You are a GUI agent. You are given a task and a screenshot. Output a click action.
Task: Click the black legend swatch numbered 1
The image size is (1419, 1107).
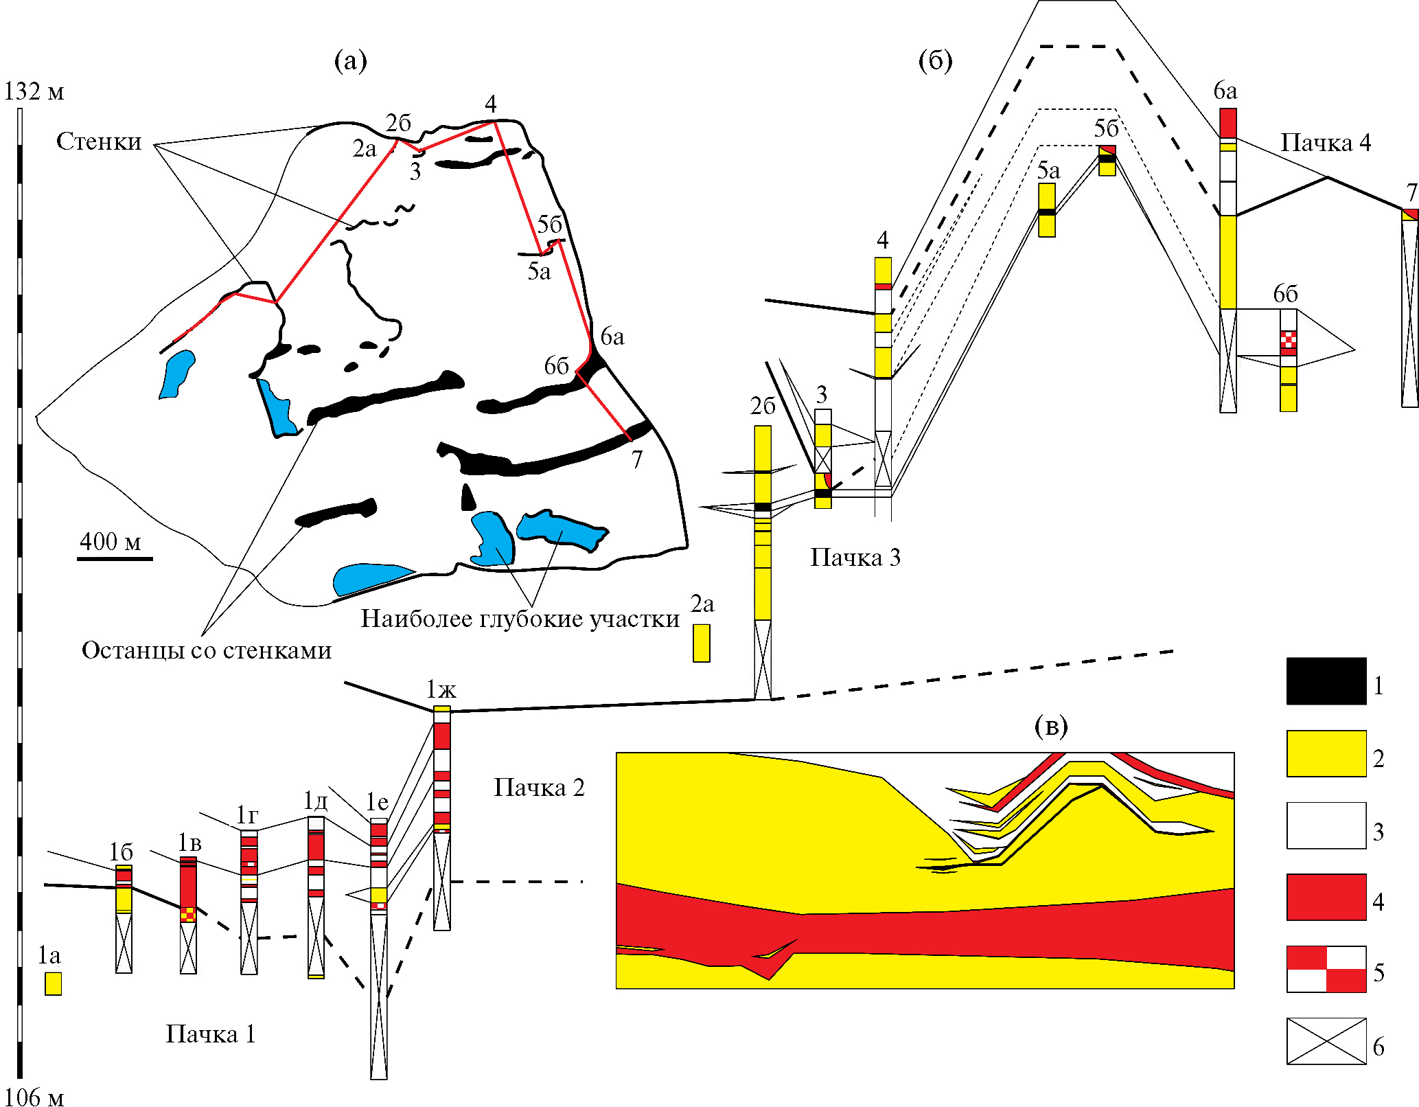[x=1326, y=681]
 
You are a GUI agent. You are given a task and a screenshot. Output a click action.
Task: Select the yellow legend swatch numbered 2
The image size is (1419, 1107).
[x=1326, y=753]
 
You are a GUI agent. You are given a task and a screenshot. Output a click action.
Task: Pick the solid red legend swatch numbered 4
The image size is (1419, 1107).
[x=1326, y=897]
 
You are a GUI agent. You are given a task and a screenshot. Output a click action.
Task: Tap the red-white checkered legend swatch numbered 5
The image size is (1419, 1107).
[x=1326, y=969]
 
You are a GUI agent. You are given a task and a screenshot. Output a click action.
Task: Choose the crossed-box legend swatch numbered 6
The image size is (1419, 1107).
[x=1326, y=1041]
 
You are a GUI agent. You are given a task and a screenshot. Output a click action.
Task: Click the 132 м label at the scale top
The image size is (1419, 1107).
[x=34, y=91]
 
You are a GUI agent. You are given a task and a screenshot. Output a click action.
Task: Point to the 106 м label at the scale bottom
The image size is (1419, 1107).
[x=34, y=1097]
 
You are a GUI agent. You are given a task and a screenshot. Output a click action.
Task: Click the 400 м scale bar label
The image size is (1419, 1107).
[x=110, y=542]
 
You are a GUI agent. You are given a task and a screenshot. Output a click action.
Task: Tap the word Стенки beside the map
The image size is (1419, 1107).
[x=99, y=141]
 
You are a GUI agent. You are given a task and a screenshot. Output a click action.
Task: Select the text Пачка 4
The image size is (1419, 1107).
[x=1326, y=143]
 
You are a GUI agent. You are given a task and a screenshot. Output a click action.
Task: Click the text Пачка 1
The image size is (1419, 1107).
[x=211, y=1034]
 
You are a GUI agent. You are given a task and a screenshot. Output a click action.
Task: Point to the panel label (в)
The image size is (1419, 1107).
[x=1050, y=726]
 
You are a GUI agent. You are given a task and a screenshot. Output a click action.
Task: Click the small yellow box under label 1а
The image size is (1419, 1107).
[x=53, y=983]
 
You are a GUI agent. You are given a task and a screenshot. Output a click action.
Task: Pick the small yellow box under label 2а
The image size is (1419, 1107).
[x=701, y=643]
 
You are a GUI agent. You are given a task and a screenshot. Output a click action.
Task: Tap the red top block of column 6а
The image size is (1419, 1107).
[x=1227, y=123]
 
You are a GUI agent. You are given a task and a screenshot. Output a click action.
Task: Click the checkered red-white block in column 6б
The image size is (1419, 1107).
[x=1288, y=341]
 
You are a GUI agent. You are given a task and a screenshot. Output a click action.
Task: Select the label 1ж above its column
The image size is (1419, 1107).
[x=441, y=689]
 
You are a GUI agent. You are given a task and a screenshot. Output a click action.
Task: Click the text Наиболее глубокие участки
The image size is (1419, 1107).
[x=520, y=619]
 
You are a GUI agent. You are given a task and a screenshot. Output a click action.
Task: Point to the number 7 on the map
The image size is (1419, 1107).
[x=637, y=459]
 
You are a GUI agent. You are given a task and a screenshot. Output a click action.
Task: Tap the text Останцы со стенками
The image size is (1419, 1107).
[x=207, y=650]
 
